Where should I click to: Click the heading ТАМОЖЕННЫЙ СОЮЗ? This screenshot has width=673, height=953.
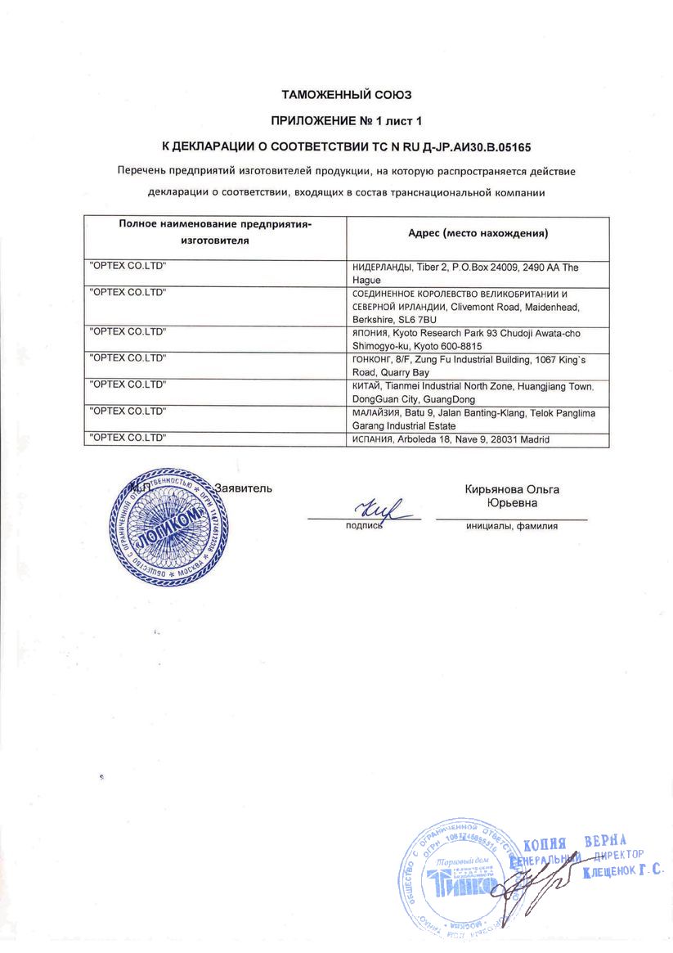[x=336, y=95]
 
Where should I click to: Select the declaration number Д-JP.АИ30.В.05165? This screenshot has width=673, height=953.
[x=473, y=147]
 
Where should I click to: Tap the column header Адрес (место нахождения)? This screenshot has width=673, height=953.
[x=478, y=233]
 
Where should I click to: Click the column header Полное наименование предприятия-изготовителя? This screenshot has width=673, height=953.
[x=216, y=232]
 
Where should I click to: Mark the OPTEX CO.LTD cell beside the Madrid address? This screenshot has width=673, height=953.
[x=127, y=438]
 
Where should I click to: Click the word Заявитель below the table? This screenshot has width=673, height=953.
[x=243, y=488]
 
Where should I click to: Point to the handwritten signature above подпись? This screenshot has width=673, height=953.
[x=377, y=509]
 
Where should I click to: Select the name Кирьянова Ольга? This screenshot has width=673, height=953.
[x=512, y=490]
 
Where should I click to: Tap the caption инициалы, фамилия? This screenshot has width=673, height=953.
[x=512, y=526]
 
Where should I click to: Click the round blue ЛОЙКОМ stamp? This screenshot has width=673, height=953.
[x=168, y=527]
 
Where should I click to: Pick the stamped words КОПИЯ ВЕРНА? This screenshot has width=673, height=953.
[x=574, y=843]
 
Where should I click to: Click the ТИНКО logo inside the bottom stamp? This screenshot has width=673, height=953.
[x=463, y=881]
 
